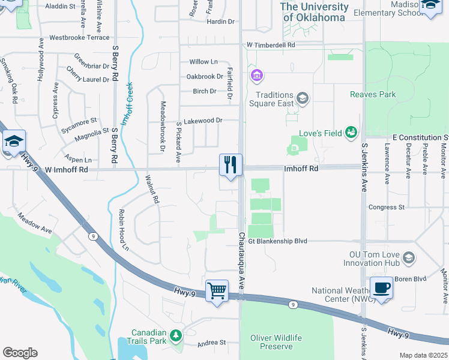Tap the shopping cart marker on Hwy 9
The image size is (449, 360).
click(x=217, y=291)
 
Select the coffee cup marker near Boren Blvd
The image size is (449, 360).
click(x=381, y=287)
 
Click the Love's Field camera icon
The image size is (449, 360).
click(x=352, y=132)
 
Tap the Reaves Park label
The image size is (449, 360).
click(x=373, y=94)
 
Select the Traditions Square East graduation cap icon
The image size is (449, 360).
click(x=303, y=98)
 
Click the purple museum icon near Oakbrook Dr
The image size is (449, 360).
click(x=258, y=76)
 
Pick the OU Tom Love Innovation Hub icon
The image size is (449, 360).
click(x=408, y=258)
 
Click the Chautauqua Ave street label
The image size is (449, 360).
click(x=241, y=262)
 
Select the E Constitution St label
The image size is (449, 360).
click(x=420, y=137)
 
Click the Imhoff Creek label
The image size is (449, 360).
click(x=128, y=104)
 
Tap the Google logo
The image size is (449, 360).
click(x=20, y=353)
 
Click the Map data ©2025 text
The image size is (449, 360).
click(x=423, y=355)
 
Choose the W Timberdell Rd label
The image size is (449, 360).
click(x=271, y=45)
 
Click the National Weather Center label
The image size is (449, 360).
click(x=339, y=295)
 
